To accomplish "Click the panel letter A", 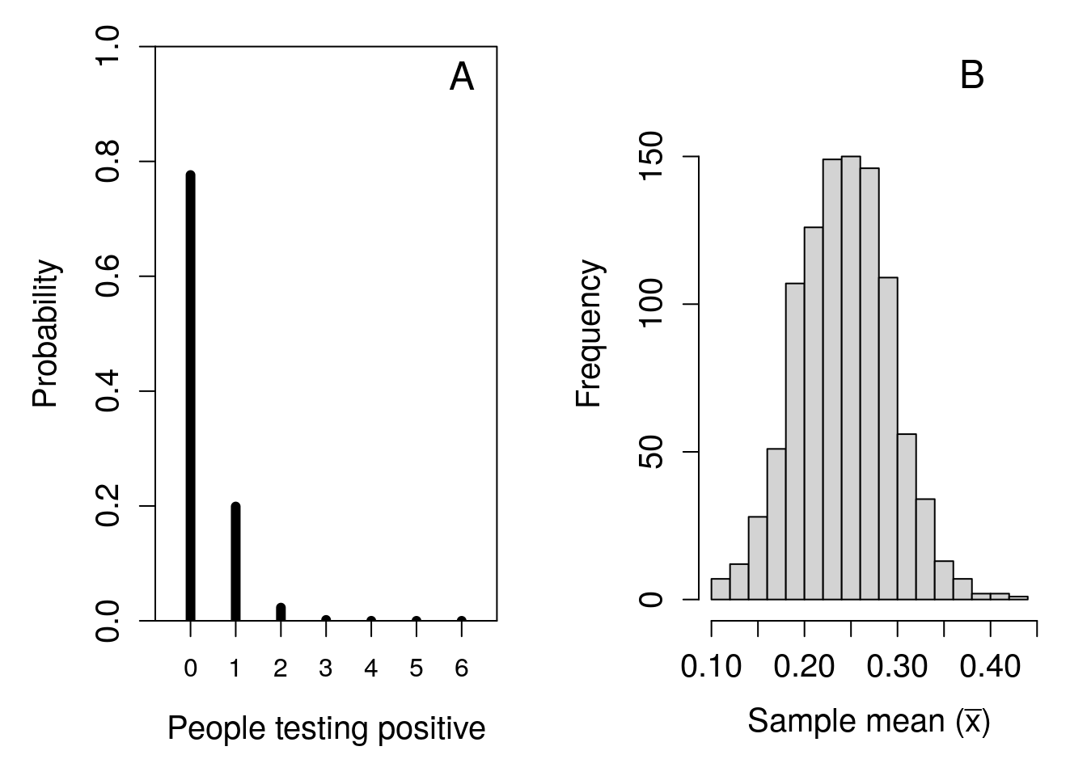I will point(462,78).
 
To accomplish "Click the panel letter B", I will point(971,76).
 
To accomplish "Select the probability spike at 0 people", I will point(190,396).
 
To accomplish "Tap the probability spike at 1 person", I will point(235,562).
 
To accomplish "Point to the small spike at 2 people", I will point(281,612).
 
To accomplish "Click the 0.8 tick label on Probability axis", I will point(108,162).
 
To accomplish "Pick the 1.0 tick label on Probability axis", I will point(108,47).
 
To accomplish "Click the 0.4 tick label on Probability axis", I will point(108,391).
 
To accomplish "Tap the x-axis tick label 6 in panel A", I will point(461,669).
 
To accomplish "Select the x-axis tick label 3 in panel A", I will point(325,669).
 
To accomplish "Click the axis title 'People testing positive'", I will point(326,728).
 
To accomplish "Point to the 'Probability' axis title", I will point(46,333).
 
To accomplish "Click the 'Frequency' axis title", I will point(590,333).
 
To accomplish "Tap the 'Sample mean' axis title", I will point(868,720).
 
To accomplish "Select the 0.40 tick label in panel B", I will point(989,668).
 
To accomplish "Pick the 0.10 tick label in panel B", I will point(711,668).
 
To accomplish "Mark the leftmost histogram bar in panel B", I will point(720,589).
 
